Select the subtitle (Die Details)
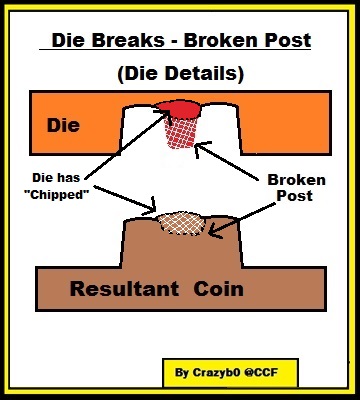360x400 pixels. pos(180,73)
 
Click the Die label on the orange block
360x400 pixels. pos(63,125)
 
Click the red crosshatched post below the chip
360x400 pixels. pos(180,133)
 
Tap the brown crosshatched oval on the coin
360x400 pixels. pos(181,223)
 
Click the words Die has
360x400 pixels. pos(56,178)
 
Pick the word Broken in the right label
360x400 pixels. pos(297,180)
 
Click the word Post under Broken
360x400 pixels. pos(295,196)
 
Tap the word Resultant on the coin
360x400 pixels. pos(124,289)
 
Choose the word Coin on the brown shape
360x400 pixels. pos(219,289)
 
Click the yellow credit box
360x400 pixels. pos(230,372)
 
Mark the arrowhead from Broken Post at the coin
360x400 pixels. pos(215,232)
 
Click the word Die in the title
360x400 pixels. pos(68,40)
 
